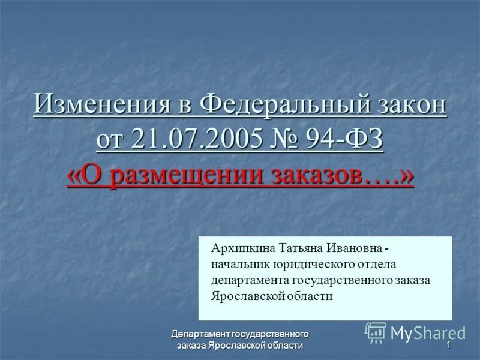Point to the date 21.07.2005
point(196,140)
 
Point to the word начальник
point(239,265)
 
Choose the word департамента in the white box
point(250,280)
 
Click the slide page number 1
point(448,346)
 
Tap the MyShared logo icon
point(376,332)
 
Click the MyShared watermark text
point(428,333)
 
